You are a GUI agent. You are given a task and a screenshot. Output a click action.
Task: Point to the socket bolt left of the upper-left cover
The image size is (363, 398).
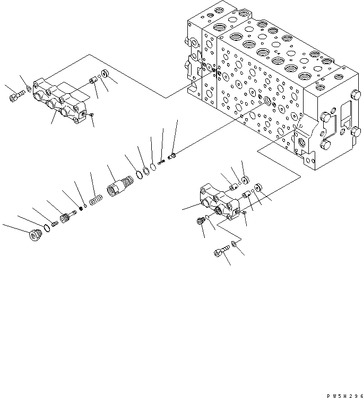(16, 96)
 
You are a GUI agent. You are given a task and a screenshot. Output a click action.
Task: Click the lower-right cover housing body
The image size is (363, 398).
(218, 202)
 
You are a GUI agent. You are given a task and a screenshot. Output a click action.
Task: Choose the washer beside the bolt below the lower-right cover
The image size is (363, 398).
(235, 245)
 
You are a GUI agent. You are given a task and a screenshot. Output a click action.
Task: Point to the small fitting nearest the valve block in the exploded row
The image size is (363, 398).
(171, 157)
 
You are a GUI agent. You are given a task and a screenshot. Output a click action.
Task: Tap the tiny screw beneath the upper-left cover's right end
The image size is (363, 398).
(91, 115)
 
